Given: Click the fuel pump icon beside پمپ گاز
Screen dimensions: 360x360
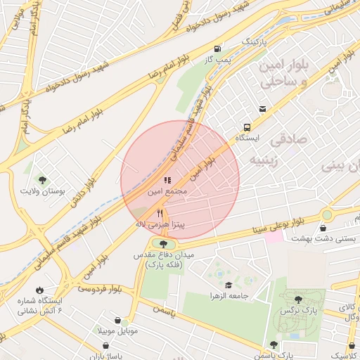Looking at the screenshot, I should [x=217, y=49].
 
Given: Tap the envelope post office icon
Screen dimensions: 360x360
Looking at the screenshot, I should [x=262, y=108].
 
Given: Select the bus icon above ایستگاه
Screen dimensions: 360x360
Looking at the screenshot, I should [x=247, y=127].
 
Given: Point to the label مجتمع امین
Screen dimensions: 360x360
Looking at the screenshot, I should [x=167, y=191].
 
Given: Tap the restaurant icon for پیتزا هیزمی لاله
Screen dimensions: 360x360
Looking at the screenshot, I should [x=160, y=213].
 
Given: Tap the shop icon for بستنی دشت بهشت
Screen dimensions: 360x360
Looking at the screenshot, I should [x=323, y=228].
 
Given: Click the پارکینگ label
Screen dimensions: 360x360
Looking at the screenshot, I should [x=256, y=42].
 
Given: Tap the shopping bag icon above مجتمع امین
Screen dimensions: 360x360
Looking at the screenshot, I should [x=167, y=180].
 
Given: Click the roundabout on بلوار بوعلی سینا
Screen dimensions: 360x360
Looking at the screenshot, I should [x=327, y=214].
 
